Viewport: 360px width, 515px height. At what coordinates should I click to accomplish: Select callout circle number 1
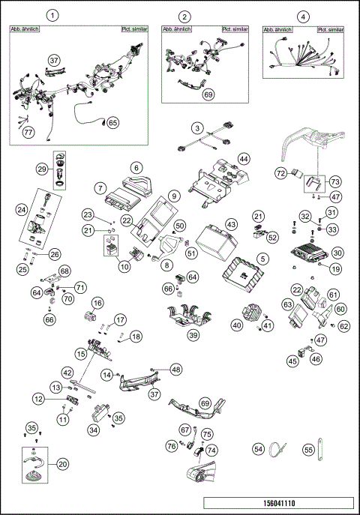(52, 15)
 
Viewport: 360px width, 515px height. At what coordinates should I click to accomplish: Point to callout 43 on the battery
(231, 225)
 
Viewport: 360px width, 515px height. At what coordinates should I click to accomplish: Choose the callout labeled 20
(62, 464)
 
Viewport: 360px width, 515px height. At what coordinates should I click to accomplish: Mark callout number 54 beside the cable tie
(259, 449)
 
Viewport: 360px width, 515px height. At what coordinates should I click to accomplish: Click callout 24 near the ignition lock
(22, 211)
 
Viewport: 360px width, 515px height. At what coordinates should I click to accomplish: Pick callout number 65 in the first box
(112, 122)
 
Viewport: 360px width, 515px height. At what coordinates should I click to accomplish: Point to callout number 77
(28, 133)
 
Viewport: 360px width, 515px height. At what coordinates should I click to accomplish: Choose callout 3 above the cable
(196, 129)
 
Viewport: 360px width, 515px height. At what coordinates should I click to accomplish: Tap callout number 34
(93, 430)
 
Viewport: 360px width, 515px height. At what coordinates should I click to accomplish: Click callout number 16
(97, 302)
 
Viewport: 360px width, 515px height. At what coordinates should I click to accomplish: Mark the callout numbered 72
(280, 174)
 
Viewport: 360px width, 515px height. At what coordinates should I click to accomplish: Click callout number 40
(237, 325)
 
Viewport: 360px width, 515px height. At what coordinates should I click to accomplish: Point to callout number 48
(175, 369)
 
